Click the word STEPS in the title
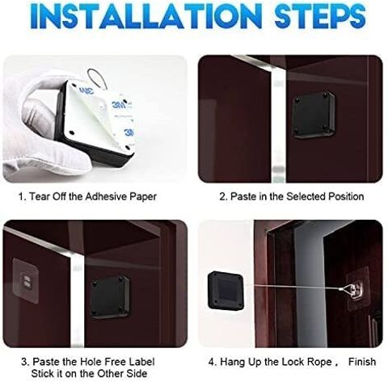[320, 16]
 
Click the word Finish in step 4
[362, 362]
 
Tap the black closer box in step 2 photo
[314, 115]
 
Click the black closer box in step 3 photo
[109, 297]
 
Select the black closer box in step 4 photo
[226, 291]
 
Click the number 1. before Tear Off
[22, 196]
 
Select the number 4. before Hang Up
[213, 362]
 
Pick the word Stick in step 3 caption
[43, 373]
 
